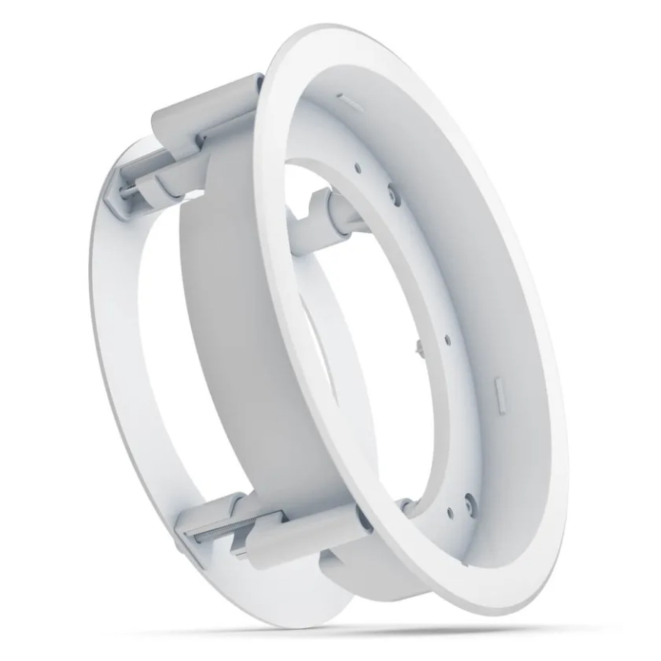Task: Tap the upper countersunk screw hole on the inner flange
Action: point(394,193)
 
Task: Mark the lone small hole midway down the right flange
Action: point(447,339)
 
